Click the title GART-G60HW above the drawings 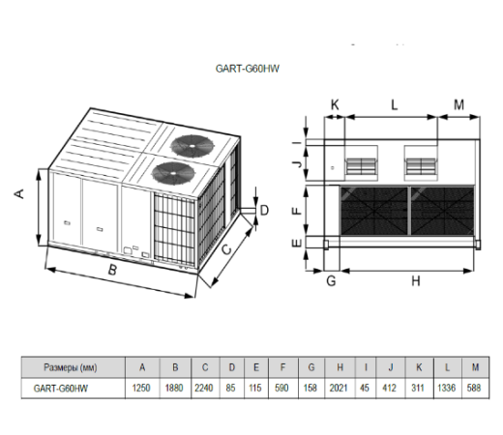point(252,70)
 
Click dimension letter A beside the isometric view point(18,193)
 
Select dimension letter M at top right point(459,103)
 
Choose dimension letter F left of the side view point(299,207)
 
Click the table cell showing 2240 point(205,389)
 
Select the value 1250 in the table point(142,389)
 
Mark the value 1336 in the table point(449,389)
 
